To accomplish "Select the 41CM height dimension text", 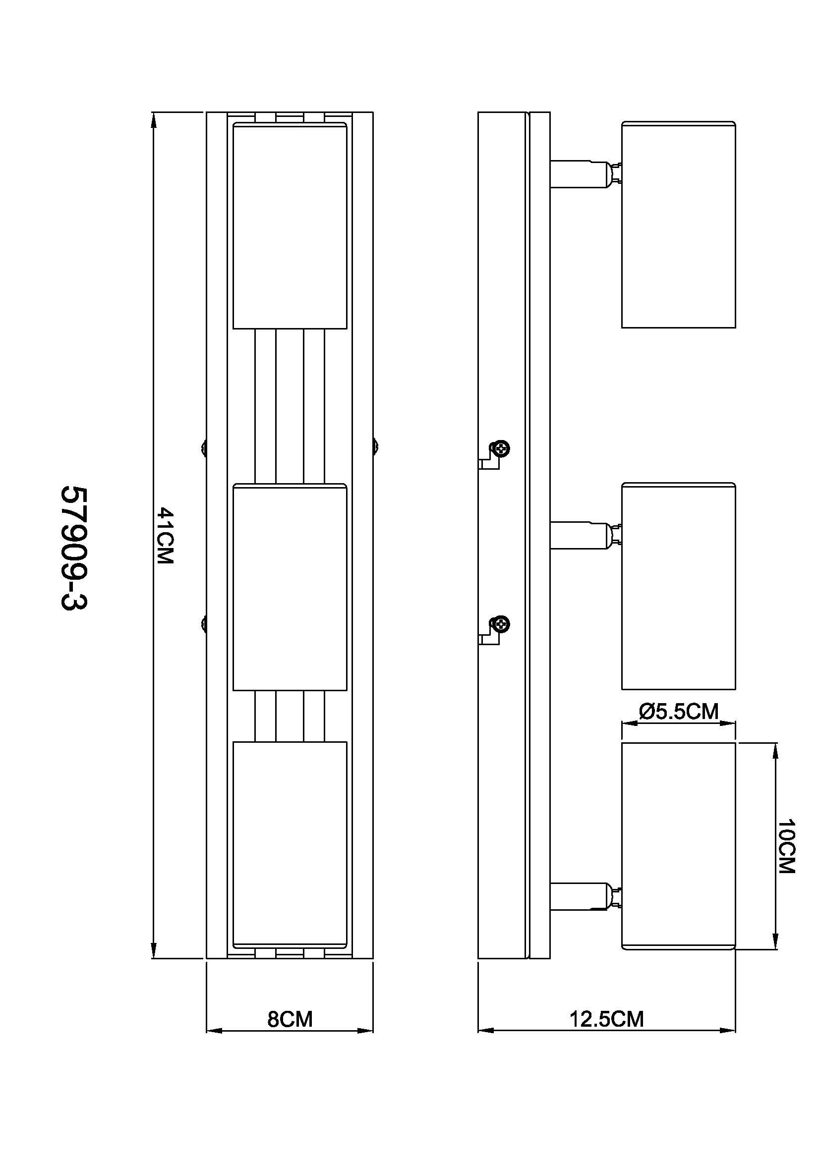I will tap(165, 536).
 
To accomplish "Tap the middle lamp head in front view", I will tap(290, 587).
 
